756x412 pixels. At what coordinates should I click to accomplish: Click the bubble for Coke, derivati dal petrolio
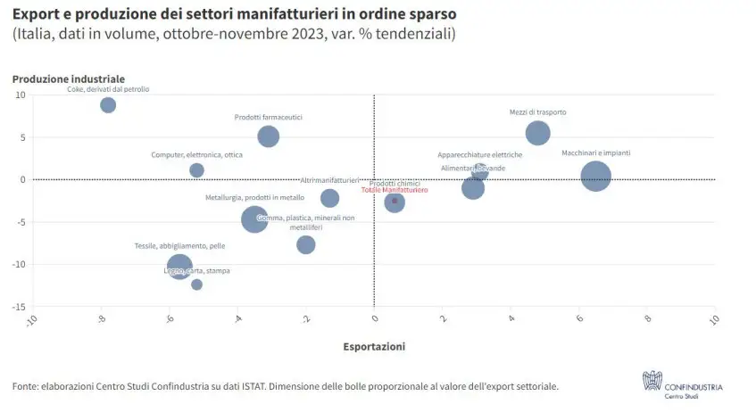108,105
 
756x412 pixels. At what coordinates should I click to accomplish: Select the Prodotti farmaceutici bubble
268,136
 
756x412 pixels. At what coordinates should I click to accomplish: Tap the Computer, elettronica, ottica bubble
197,170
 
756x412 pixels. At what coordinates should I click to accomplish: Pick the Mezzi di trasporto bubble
537,133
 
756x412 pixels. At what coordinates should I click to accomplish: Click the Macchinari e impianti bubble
595,176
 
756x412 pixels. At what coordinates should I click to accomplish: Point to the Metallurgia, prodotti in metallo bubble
254,218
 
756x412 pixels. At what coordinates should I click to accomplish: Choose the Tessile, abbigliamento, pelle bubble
179,267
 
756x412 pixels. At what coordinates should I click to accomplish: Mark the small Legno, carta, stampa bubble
196,284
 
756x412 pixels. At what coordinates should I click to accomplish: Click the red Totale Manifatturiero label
395,190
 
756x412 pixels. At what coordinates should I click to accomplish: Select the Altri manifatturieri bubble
329,198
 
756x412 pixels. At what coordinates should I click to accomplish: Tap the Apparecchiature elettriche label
479,154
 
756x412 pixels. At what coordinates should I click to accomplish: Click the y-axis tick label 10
19,95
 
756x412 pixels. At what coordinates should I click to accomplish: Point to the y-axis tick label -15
17,307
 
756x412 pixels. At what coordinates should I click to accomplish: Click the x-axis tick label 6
580,318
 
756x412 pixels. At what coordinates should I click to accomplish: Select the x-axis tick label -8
100,319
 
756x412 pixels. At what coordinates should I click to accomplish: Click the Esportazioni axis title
374,346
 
